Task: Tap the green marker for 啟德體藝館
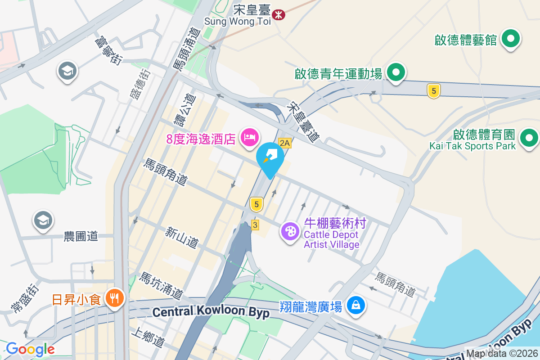click(511, 39)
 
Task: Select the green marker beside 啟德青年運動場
click(396, 72)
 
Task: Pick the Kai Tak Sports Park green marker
click(529, 137)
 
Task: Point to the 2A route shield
click(285, 143)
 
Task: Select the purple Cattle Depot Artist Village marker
click(290, 232)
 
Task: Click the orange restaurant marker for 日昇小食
click(115, 298)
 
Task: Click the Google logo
click(30, 349)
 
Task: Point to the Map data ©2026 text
click(501, 354)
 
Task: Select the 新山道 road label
click(182, 238)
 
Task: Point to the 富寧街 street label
click(108, 50)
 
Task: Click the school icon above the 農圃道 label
click(43, 220)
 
